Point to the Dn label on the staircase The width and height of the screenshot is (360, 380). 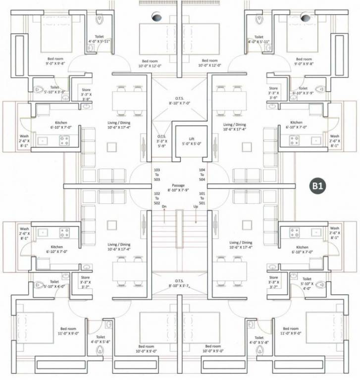point(164,207)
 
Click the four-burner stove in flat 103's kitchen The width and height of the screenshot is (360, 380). point(64,141)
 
